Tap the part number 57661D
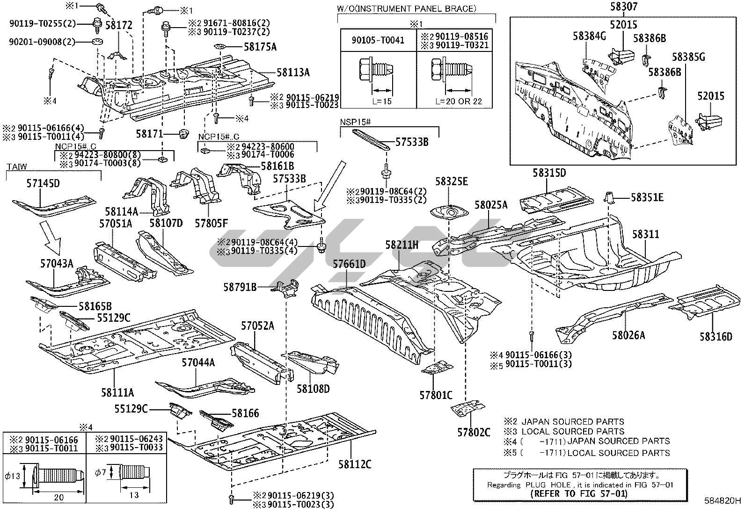coord(349,264)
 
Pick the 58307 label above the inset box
coord(624,7)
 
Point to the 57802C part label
coord(474,432)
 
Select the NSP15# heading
coord(355,123)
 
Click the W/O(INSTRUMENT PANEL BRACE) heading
coord(406,8)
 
